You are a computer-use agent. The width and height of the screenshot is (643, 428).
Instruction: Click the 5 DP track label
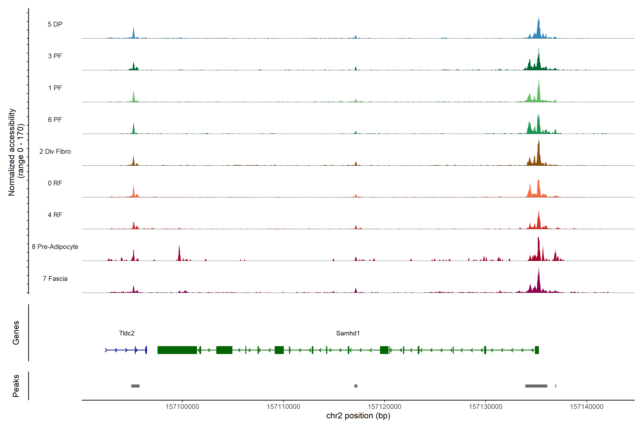coord(55,24)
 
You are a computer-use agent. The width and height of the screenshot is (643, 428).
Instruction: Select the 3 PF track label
coord(55,56)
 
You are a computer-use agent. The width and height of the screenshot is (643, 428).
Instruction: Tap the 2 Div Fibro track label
coord(55,151)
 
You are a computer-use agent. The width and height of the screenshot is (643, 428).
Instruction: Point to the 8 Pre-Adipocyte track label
coord(55,247)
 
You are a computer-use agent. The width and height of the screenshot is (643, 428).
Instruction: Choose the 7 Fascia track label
coord(55,279)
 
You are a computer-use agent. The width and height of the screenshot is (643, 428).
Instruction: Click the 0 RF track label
coord(55,183)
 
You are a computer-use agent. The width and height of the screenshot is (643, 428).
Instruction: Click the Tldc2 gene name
coord(127,333)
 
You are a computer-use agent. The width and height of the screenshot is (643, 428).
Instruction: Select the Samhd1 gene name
coord(348,333)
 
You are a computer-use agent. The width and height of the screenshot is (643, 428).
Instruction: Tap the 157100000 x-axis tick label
coord(182,407)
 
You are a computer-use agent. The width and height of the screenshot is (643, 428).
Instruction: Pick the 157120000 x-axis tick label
coord(384,407)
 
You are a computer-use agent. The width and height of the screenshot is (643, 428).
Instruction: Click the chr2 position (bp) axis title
coord(358,416)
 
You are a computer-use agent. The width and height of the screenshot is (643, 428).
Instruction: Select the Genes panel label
coord(16,333)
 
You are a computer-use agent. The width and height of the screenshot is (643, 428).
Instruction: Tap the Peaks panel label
coord(16,386)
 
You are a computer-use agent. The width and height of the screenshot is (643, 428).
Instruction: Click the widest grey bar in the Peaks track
coord(536,386)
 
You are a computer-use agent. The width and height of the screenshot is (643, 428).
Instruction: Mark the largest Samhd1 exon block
coord(177,350)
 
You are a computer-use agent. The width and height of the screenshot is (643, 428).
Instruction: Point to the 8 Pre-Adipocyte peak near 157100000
coord(179,253)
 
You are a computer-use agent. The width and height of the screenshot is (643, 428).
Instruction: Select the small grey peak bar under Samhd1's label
coord(356,386)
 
